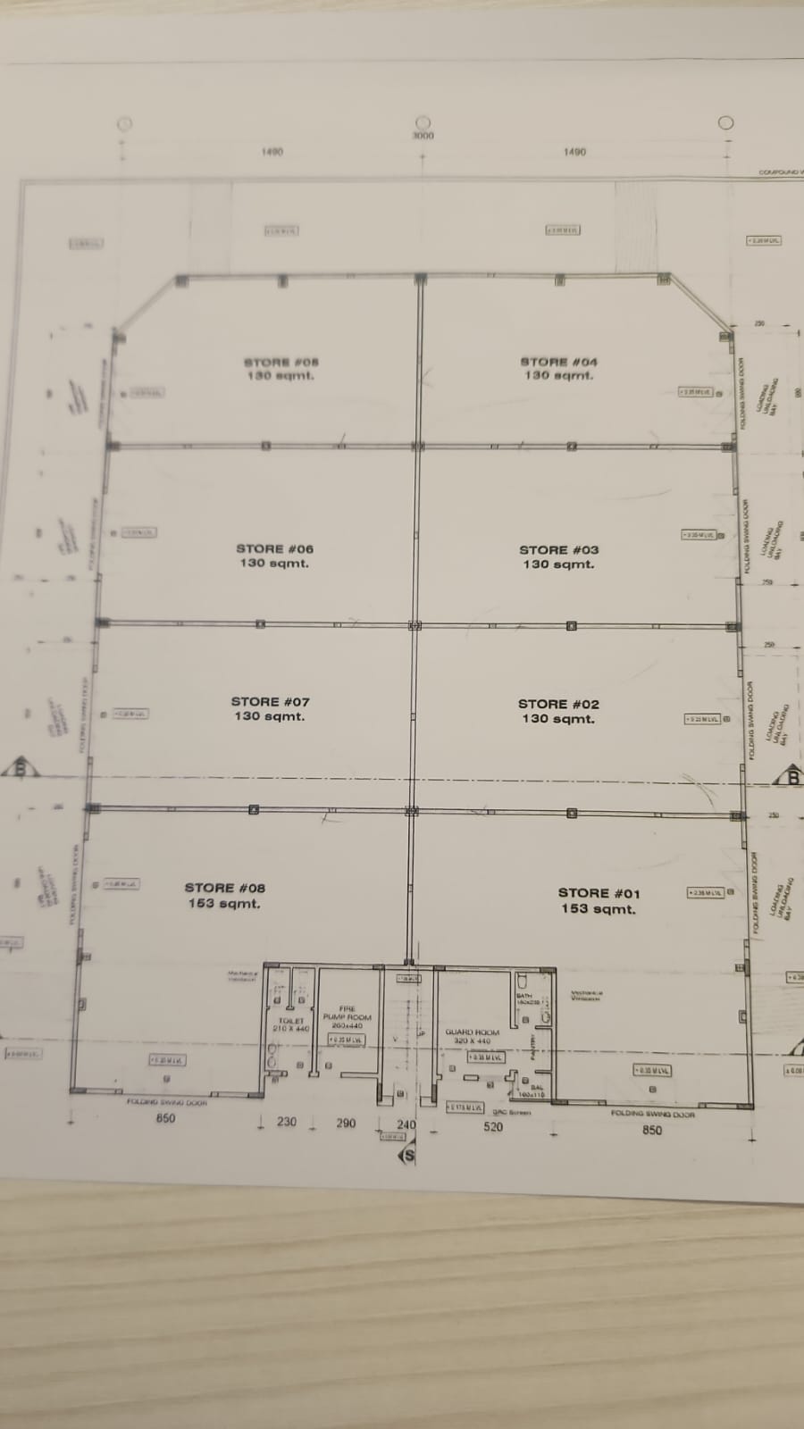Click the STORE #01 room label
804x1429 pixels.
(x=599, y=893)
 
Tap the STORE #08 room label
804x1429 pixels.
(x=225, y=888)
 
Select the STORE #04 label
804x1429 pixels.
(x=559, y=362)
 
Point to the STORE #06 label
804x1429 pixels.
(x=275, y=549)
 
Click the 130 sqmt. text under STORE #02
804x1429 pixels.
(x=558, y=719)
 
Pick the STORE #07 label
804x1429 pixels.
(x=270, y=702)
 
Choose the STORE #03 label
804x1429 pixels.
(x=559, y=550)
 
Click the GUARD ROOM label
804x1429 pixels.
(x=473, y=1032)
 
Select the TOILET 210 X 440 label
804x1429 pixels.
(x=291, y=1024)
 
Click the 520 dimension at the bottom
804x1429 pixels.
(x=493, y=1127)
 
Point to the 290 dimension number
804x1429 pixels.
(x=346, y=1124)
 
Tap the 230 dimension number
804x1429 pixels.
(x=286, y=1122)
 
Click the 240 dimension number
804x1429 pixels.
(x=406, y=1124)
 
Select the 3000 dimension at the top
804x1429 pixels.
(x=423, y=136)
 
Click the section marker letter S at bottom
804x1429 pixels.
(x=409, y=1155)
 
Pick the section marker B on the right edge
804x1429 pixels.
(x=792, y=778)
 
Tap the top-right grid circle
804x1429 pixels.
(x=726, y=123)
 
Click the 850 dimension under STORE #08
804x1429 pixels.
(x=166, y=1118)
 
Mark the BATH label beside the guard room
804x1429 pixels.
(x=523, y=996)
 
